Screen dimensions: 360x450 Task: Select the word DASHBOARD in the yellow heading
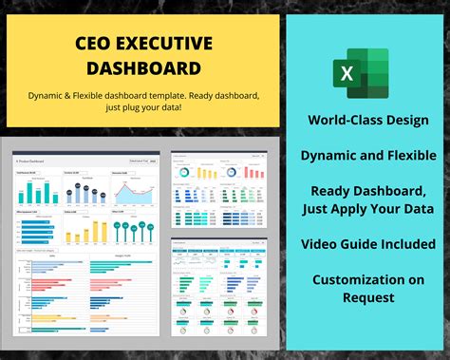143,67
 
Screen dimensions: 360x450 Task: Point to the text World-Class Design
368,121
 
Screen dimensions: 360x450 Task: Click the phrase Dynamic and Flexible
368,155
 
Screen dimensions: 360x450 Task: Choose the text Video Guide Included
368,244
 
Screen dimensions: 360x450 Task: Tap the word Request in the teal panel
368,297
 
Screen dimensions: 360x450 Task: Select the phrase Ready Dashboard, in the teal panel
368,190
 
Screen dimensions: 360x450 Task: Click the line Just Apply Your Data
368,208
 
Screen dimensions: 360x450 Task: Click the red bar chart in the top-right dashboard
252,171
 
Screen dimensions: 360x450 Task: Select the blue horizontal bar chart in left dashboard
36,231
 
